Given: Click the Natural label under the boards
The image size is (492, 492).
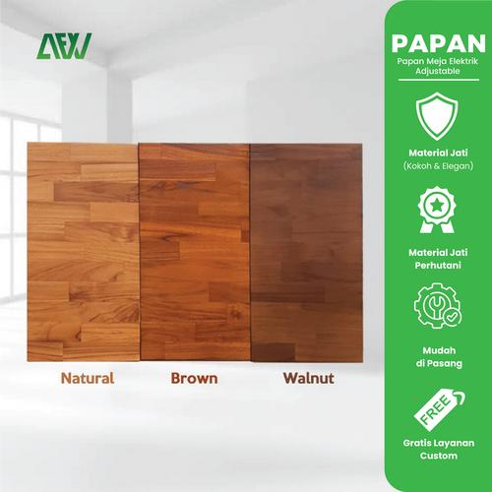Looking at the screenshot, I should tap(87, 378).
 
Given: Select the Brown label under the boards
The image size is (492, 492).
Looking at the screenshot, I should tap(194, 378).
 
